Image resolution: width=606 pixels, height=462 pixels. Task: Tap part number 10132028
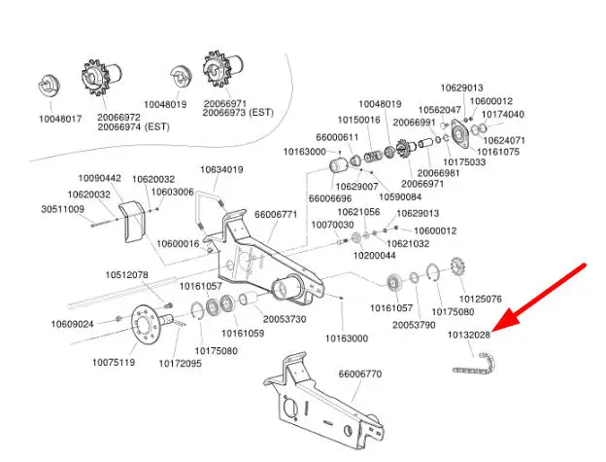coord(469,335)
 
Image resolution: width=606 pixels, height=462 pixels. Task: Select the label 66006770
coord(359,373)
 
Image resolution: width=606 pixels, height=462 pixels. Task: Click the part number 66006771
coord(276,214)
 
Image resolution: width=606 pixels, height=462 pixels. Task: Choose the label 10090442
coord(100,178)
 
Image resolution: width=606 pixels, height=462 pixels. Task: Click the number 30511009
coord(62,209)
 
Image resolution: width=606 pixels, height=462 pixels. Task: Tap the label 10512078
coord(127,275)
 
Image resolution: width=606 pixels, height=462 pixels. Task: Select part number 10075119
coord(114,363)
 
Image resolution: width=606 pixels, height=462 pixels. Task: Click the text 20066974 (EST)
coord(133,126)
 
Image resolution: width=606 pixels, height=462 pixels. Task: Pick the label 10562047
coord(439,110)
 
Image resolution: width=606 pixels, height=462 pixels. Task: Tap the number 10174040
coord(503,114)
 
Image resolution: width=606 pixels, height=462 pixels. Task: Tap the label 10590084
coord(401,197)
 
